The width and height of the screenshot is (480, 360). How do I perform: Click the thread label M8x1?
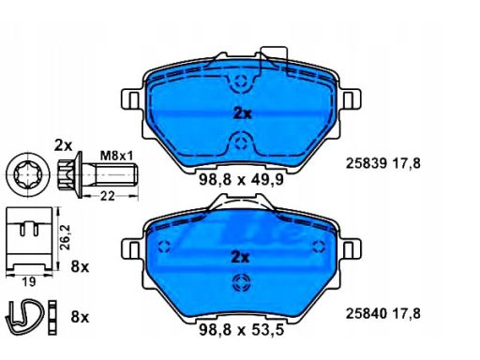coord(116,156)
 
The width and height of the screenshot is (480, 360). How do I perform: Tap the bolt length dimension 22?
coord(107,197)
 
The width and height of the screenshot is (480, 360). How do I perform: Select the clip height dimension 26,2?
coord(66,237)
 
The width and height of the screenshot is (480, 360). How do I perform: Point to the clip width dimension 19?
coord(29,282)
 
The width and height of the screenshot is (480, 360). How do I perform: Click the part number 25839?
coord(367,163)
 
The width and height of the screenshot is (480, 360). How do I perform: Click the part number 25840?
coord(367,313)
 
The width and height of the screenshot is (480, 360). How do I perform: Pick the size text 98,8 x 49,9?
coord(241,180)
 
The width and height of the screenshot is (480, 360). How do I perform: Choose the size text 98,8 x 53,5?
coord(241,330)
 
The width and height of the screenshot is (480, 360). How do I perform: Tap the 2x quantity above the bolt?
coord(63,145)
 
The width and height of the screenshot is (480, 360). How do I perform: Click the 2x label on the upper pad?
coord(242,113)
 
